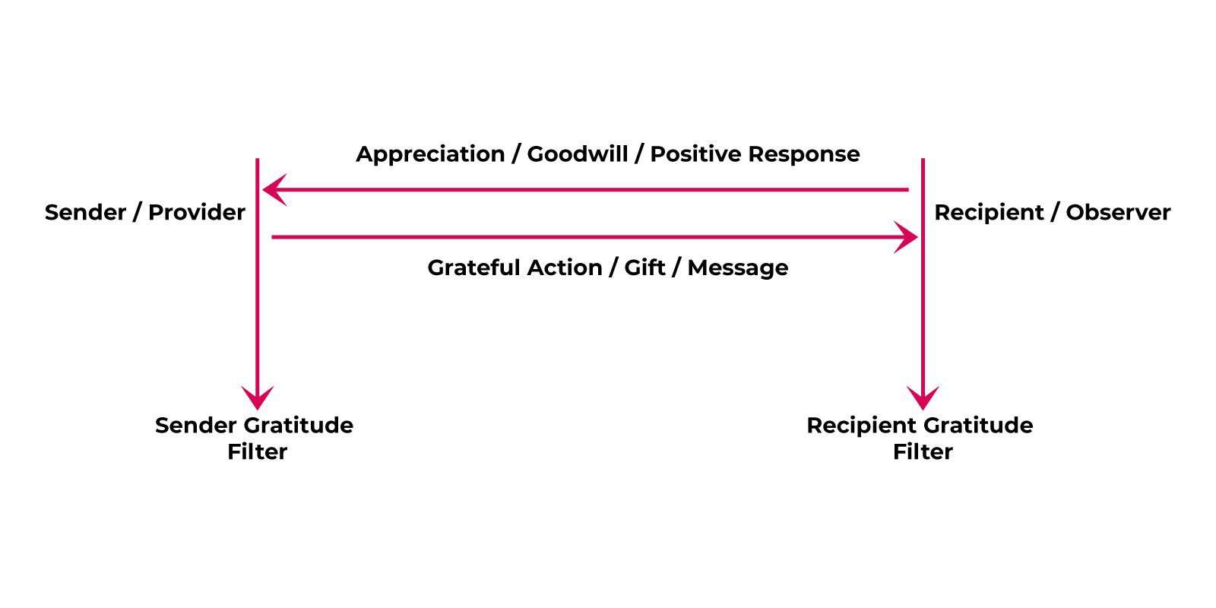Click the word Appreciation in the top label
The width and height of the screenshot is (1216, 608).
pyautogui.click(x=430, y=155)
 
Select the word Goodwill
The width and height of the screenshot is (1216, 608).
pyautogui.click(x=578, y=154)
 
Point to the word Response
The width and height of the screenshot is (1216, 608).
pyautogui.click(x=804, y=155)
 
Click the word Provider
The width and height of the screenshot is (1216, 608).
pyautogui.click(x=197, y=212)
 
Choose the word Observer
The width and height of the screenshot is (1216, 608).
pyautogui.click(x=1118, y=212)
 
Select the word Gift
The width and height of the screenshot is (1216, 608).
pyautogui.click(x=644, y=268)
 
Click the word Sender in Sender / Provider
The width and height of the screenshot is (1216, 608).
pyautogui.click(x=85, y=212)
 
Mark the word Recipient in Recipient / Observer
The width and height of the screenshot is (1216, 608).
pyautogui.click(x=989, y=213)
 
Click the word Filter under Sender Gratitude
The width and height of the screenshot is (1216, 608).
pyautogui.click(x=258, y=451)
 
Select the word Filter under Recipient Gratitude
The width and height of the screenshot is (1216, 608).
pyautogui.click(x=923, y=451)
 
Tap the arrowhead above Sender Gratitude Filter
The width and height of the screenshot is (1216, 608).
pyautogui.click(x=258, y=398)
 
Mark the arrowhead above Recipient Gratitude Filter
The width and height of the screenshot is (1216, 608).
pyautogui.click(x=923, y=398)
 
